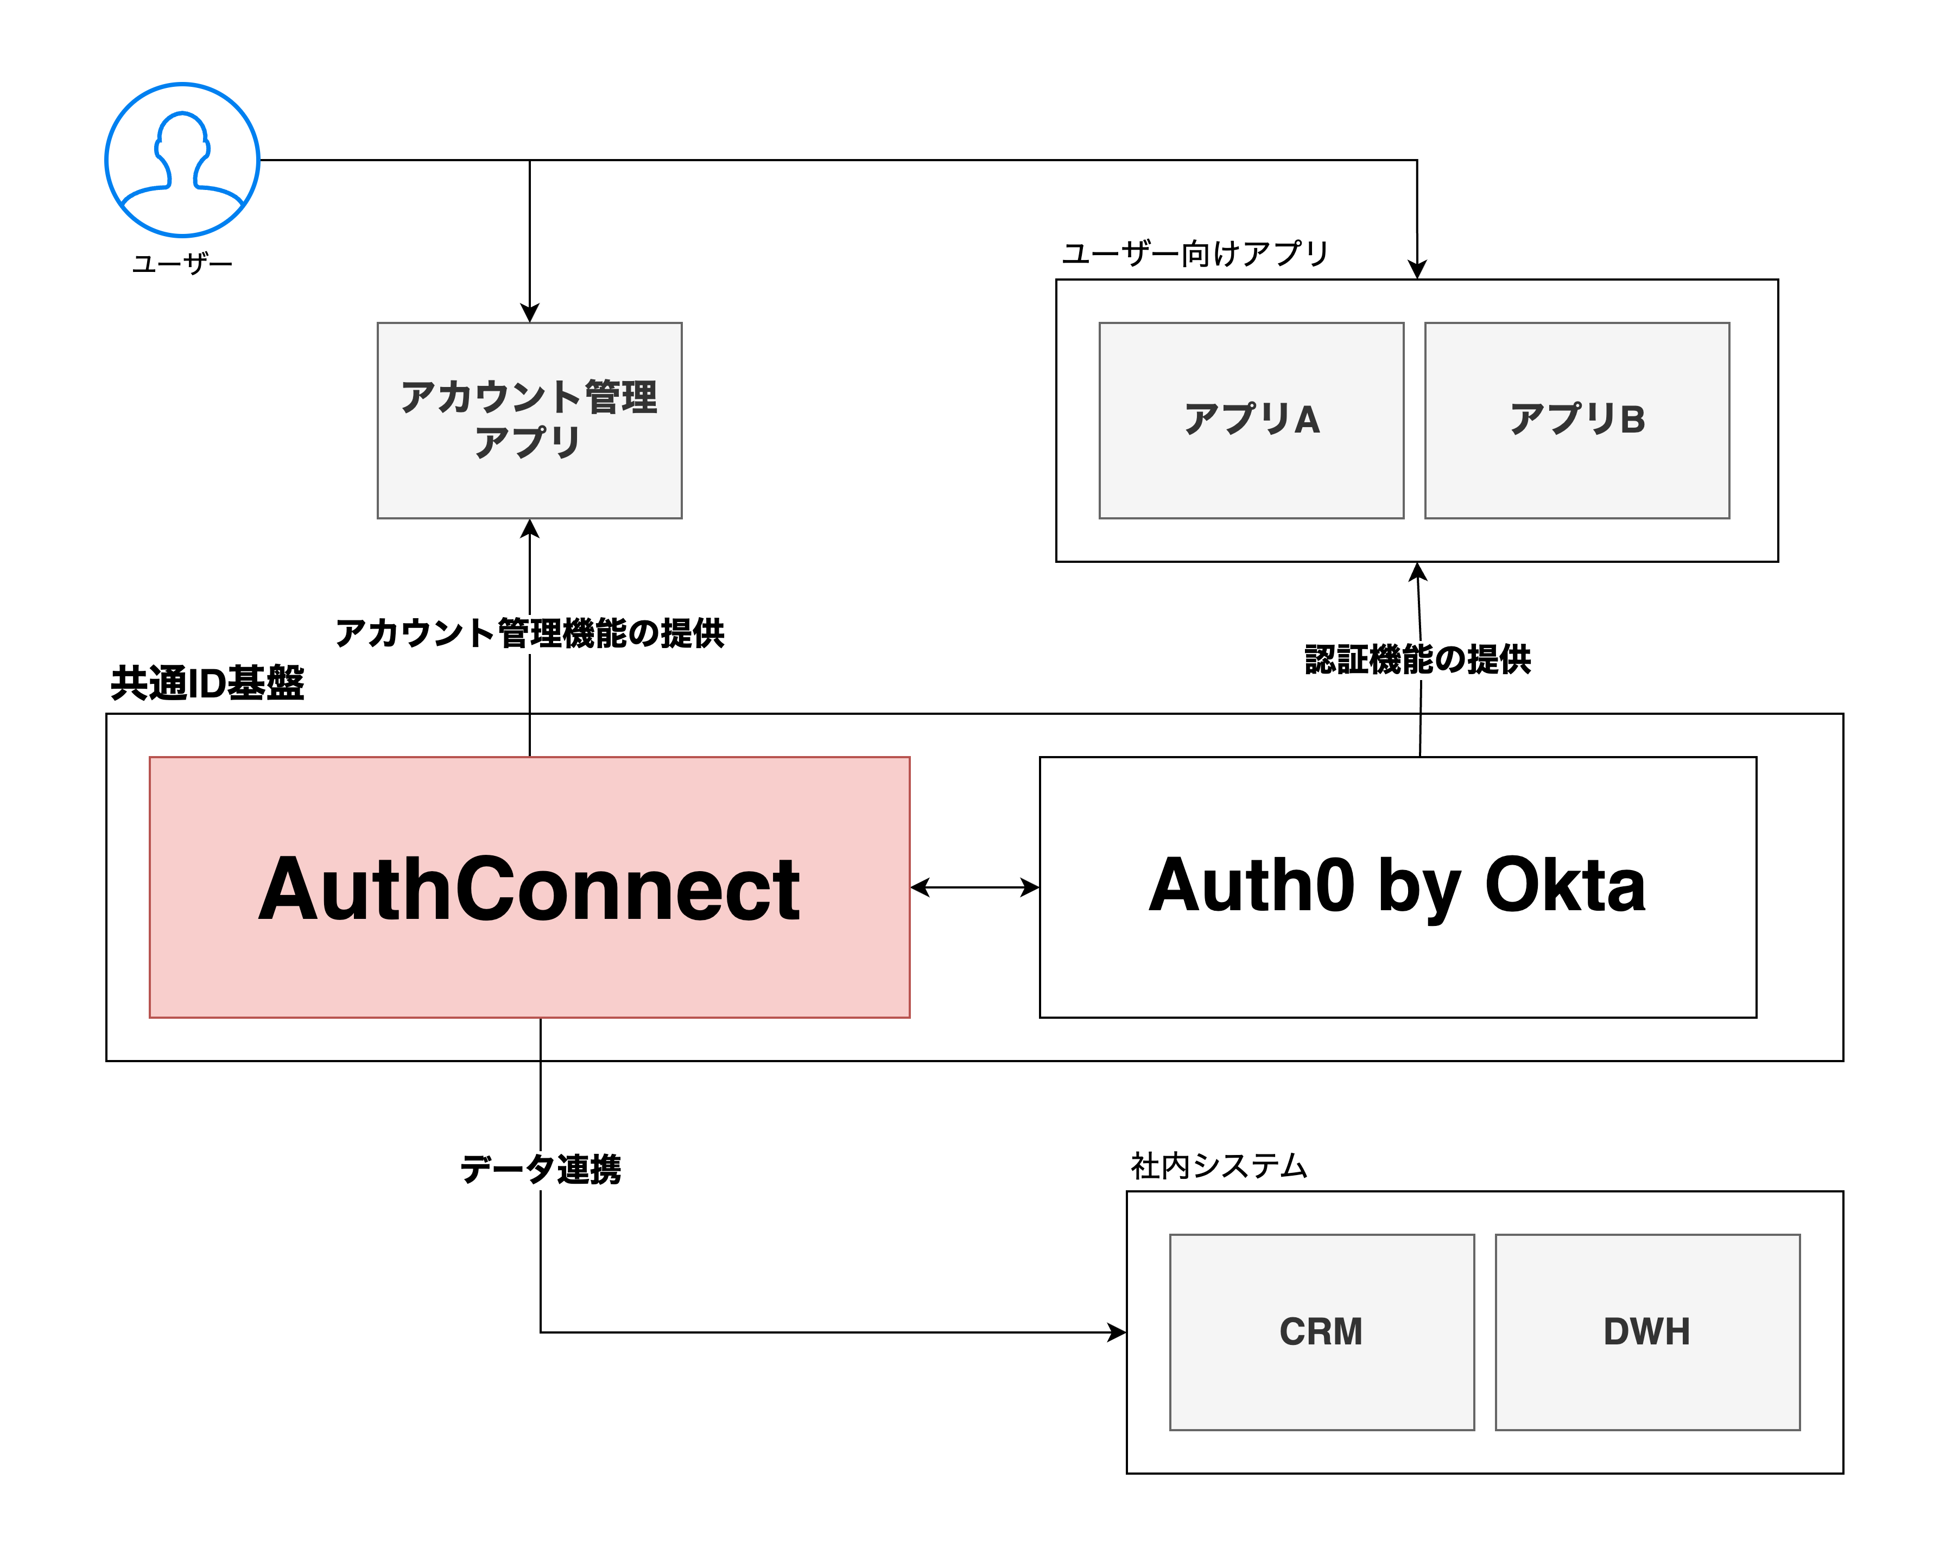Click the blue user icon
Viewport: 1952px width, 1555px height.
pos(182,160)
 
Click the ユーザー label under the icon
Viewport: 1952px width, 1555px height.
pos(182,263)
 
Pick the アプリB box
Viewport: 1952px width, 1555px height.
pos(1576,420)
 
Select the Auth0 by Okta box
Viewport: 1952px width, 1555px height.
pos(1397,887)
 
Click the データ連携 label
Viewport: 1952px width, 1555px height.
pos(541,1169)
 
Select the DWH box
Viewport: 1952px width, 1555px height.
pos(1647,1331)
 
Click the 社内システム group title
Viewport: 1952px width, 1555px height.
pos(1219,1166)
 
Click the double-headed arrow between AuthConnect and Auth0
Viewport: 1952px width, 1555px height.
pos(974,887)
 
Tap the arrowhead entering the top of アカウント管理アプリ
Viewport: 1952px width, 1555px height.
pos(530,313)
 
